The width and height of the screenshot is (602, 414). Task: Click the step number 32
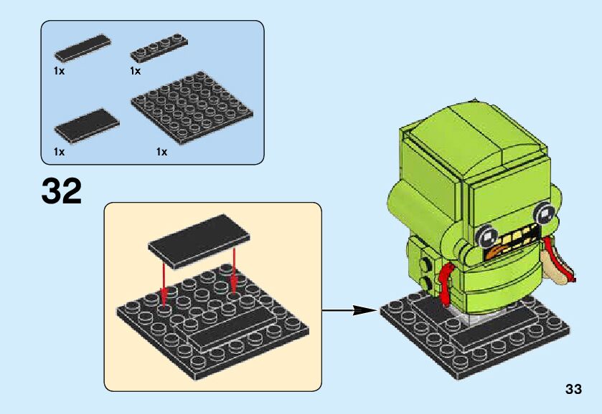click(62, 191)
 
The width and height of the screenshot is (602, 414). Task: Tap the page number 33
click(573, 390)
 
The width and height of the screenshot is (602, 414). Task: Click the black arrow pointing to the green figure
click(349, 310)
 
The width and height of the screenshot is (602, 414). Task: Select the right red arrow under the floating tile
click(235, 270)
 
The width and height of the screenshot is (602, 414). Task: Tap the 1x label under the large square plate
click(161, 152)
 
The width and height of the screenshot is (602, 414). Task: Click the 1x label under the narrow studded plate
click(135, 71)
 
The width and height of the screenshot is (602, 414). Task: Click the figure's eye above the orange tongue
click(489, 234)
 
